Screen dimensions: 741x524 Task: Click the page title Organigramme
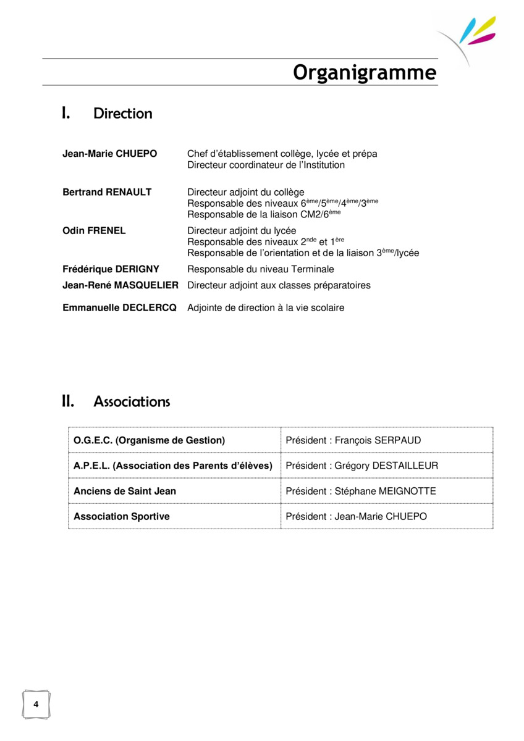(365, 73)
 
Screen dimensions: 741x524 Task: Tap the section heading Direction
(122, 114)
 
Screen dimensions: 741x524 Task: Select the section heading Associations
(132, 402)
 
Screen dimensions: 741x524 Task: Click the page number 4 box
(36, 705)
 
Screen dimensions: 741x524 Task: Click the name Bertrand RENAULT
(107, 192)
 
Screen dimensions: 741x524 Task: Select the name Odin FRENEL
(94, 230)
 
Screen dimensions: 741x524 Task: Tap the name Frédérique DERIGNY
(111, 269)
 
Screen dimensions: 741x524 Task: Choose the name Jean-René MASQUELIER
(120, 285)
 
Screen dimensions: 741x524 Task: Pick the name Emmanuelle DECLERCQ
(119, 308)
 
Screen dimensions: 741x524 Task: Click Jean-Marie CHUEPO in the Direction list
(109, 153)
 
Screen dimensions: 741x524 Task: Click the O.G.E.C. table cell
(150, 440)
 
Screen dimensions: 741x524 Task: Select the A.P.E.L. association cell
(173, 466)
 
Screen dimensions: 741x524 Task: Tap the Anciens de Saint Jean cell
(125, 491)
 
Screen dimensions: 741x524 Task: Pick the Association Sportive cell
(122, 516)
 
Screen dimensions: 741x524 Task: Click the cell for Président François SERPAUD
(353, 440)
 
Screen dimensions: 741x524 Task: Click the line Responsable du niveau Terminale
(260, 269)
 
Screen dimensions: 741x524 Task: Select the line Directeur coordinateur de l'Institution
(266, 165)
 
